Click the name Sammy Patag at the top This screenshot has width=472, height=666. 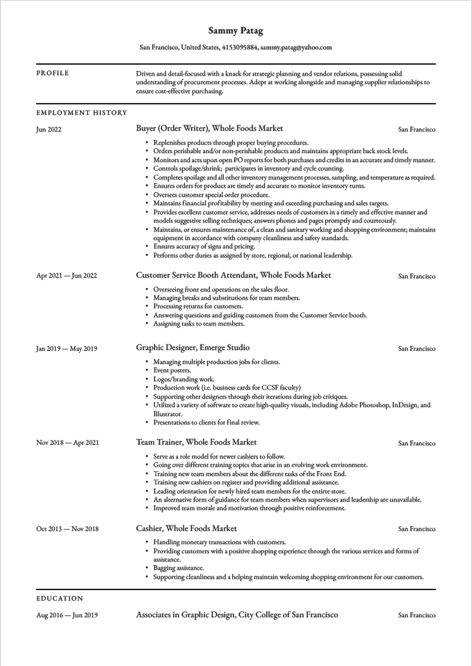click(236, 31)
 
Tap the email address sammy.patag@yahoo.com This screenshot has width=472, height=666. click(296, 47)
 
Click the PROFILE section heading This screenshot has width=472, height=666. click(53, 73)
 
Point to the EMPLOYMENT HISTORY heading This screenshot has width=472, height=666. click(81, 113)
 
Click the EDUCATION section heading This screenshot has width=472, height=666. click(60, 598)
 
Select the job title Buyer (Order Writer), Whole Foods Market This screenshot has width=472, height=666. click(209, 129)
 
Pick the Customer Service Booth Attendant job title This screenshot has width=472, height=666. click(234, 276)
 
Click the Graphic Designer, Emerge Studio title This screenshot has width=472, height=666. click(193, 348)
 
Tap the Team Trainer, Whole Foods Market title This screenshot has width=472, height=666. click(196, 442)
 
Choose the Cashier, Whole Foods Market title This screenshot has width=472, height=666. click(186, 529)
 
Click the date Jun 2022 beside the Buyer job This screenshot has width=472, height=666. click(49, 129)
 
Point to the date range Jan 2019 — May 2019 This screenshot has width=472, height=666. click(67, 349)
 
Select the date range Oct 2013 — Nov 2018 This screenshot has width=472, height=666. click(67, 529)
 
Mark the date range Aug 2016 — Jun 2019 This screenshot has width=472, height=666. click(67, 615)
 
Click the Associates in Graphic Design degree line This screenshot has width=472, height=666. click(236, 615)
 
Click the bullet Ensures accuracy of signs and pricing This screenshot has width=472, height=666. click(204, 246)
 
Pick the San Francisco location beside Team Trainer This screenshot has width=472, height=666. click(416, 443)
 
